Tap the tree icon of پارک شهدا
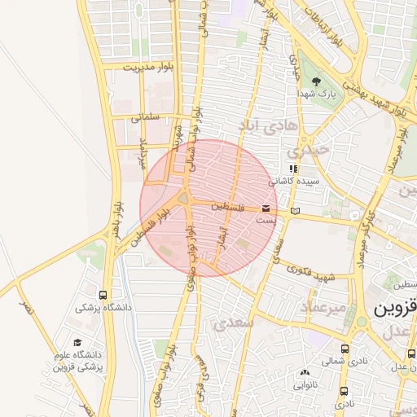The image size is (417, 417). point(316,81)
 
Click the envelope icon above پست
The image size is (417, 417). point(266,209)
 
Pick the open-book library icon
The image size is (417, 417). point(294,212)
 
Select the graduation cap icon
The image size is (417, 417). point(77,343)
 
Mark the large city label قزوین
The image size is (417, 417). point(395,311)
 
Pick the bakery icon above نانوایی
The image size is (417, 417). point(305,372)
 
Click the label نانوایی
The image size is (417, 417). point(305,384)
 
